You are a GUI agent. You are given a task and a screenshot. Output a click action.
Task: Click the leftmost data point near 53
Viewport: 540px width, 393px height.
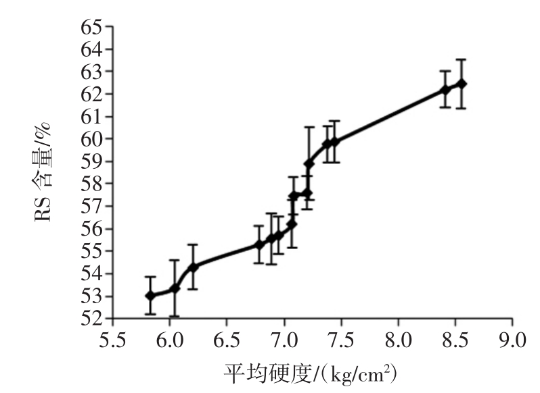pyautogui.click(x=150, y=296)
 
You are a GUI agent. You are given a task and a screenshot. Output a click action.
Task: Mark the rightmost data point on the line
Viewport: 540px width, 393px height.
pyautogui.click(x=462, y=84)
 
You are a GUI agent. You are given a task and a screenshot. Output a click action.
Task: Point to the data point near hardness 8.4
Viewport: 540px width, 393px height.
pyautogui.click(x=445, y=89)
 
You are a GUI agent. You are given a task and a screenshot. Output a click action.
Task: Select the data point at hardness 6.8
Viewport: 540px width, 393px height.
pyautogui.click(x=258, y=244)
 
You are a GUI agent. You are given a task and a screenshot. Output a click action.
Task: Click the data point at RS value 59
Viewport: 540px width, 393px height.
pyautogui.click(x=309, y=163)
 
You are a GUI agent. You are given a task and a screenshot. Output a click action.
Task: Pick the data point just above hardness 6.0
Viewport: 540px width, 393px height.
pyautogui.click(x=175, y=288)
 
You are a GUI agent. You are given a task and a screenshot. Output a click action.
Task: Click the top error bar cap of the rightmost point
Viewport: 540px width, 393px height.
pyautogui.click(x=462, y=59)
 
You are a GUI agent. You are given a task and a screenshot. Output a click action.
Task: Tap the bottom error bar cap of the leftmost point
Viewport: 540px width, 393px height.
pyautogui.click(x=150, y=314)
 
